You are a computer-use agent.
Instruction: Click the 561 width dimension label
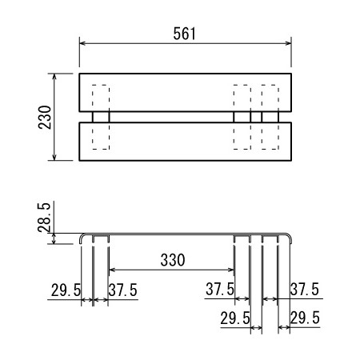pos(184,34)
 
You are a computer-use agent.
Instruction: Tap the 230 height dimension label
pos(45,118)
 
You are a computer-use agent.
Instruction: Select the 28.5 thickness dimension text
pos(44,218)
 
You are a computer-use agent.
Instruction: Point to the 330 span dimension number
pos(173,260)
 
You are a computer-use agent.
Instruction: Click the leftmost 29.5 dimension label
pos(66,290)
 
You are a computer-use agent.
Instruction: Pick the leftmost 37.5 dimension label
pos(122,290)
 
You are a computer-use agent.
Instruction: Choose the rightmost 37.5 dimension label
pos(305,289)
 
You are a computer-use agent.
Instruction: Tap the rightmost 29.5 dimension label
pos(305,318)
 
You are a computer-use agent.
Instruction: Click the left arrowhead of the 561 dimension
pos(82,43)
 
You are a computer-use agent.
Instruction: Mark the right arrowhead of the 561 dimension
pos(288,43)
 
